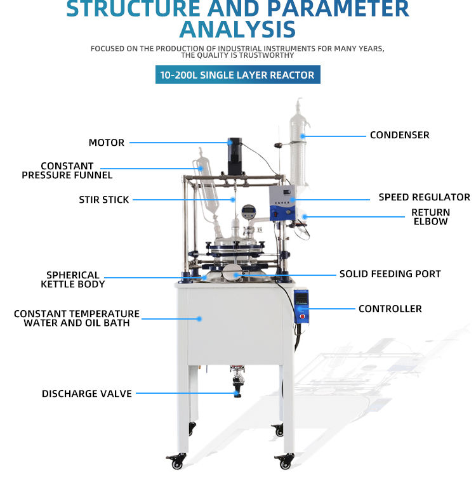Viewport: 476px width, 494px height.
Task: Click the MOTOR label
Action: click(107, 143)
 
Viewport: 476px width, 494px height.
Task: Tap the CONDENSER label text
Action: click(399, 135)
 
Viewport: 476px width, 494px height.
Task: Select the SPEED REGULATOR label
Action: click(424, 197)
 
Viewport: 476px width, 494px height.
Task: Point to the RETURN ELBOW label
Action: click(430, 217)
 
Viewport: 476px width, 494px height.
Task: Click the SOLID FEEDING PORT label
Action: click(390, 274)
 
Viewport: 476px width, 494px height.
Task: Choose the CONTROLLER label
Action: click(390, 309)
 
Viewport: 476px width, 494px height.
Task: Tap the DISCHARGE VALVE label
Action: click(87, 394)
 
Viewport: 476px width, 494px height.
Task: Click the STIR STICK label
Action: click(104, 200)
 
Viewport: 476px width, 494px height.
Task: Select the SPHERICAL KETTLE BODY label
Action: click(73, 280)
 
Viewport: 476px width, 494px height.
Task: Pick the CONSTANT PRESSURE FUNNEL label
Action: click(67, 171)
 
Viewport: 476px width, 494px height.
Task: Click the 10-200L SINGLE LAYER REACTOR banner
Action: click(237, 75)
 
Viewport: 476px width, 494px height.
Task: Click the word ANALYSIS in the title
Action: click(237, 29)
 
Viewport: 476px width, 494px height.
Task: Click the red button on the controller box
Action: click(303, 315)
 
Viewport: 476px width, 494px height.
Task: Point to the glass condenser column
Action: click(298, 149)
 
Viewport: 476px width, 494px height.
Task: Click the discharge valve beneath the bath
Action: click(238, 384)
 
